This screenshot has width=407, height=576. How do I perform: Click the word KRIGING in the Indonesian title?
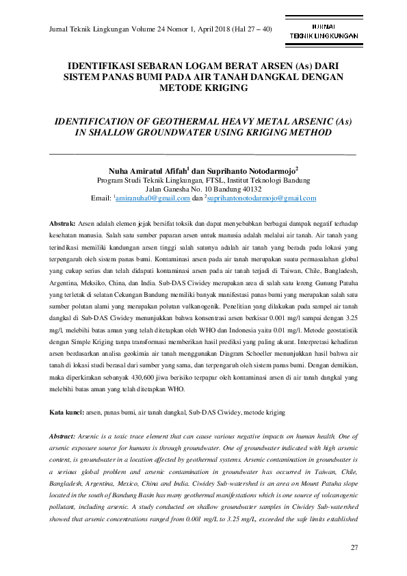point(230,89)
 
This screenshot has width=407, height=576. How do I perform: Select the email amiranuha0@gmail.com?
point(153,198)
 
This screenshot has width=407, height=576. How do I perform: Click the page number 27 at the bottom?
point(354,548)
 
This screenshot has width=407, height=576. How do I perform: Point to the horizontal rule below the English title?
point(203,151)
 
